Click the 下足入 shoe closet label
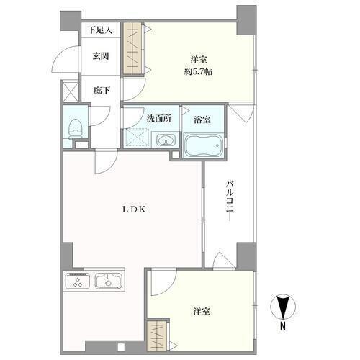point(100,30)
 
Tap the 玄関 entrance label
point(101,56)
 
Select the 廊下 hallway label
point(102,90)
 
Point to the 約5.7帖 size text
point(198,71)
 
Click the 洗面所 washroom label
point(159,118)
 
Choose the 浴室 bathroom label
point(202,120)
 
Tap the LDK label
point(134,210)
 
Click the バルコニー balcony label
point(230,202)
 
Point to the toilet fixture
point(76,129)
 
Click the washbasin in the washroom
point(166,140)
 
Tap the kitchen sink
point(109,281)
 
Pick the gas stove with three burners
point(78,280)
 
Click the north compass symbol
point(283,307)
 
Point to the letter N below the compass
point(283,326)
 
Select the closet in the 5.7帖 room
point(132,48)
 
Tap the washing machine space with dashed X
point(137,138)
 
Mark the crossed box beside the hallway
point(71,91)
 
